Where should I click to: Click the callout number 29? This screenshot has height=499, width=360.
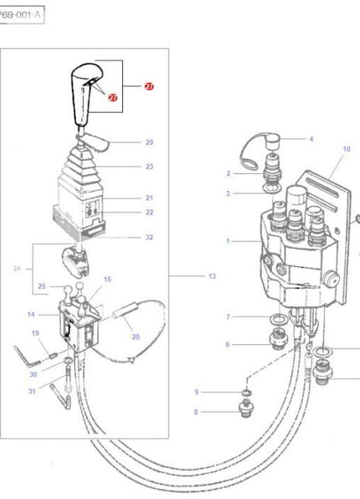149,142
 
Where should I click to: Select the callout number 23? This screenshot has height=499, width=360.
149,166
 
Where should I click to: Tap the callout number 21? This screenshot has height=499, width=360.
149,198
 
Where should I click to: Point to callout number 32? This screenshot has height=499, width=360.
149,238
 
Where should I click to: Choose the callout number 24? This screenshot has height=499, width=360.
18,269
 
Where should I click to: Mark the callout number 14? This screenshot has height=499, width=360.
32,314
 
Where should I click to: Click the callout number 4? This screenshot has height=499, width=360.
311,139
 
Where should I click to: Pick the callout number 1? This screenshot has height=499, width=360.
228,241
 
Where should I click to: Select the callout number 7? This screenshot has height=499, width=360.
228,316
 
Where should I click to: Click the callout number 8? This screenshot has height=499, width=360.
196,412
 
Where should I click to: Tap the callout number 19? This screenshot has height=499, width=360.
35,333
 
